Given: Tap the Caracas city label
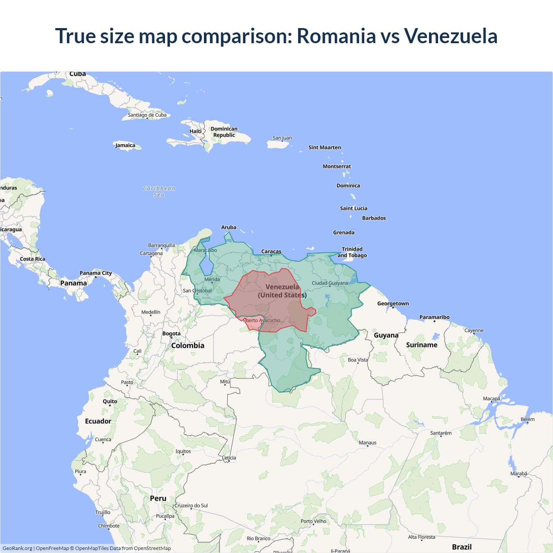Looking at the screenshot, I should [x=271, y=251].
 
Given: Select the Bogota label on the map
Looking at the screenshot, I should [x=172, y=334].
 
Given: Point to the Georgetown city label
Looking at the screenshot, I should [x=393, y=304].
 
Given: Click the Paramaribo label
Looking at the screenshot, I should [x=434, y=317].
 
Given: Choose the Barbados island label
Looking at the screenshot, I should [x=374, y=218].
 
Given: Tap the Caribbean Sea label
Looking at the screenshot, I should [x=159, y=191].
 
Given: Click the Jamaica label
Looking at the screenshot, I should [x=125, y=145].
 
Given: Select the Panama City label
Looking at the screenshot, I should [x=95, y=273].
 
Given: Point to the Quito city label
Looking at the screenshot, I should [x=110, y=401].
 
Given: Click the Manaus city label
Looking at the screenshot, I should [x=368, y=442].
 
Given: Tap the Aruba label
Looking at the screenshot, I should [x=229, y=227].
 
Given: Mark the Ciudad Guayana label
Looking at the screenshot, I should [x=330, y=283].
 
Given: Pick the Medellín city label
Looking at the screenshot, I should [x=151, y=312].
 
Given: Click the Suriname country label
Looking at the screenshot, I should [x=422, y=345].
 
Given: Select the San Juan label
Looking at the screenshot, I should [x=282, y=138].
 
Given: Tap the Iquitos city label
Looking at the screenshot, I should [x=183, y=451].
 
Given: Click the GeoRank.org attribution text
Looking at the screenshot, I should [x=17, y=548].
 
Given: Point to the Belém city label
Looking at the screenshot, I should [x=528, y=419].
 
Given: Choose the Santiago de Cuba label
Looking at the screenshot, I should [x=147, y=115].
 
